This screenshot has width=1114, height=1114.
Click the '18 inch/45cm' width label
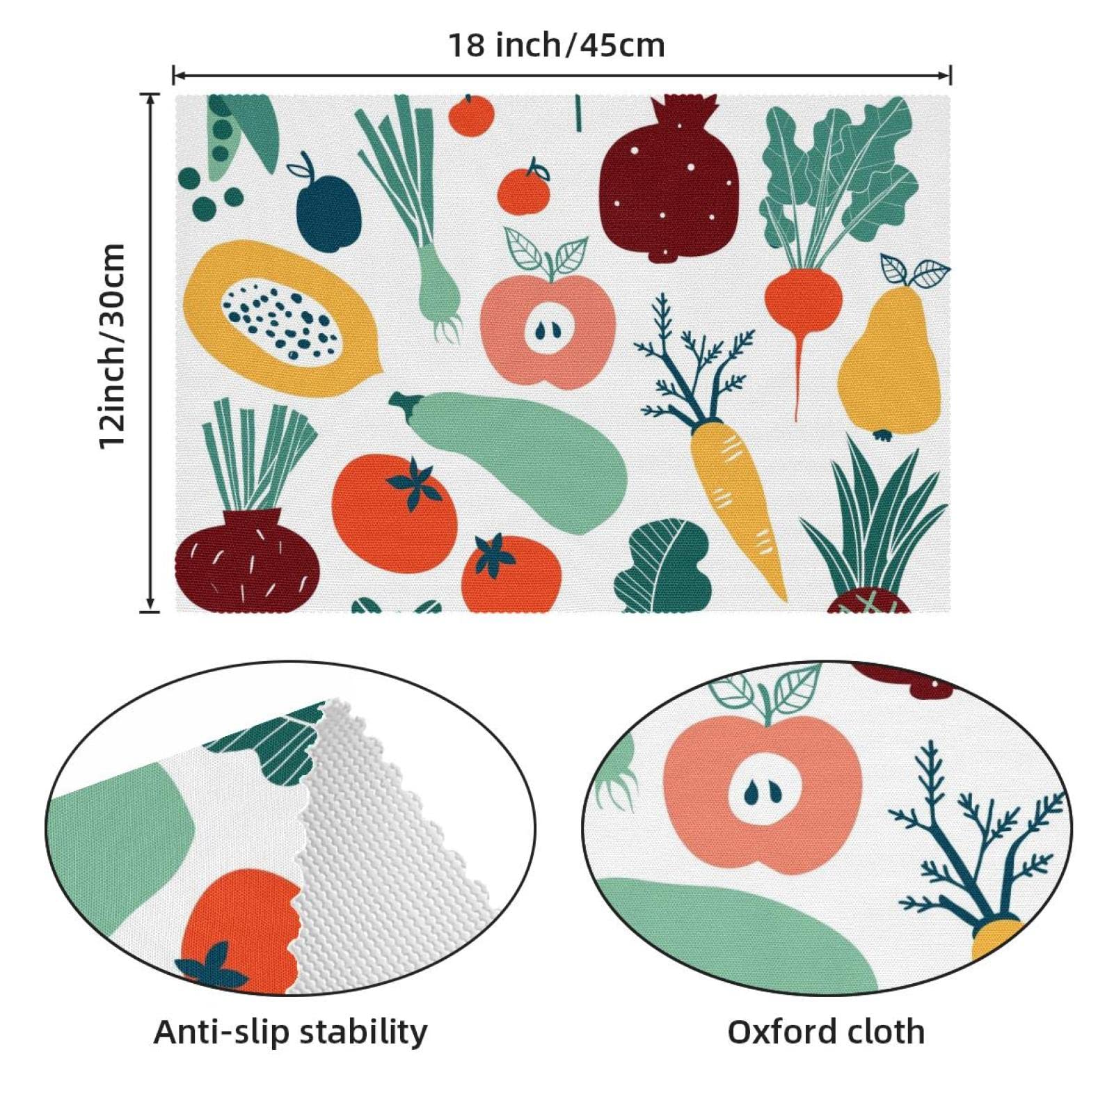tap(556, 46)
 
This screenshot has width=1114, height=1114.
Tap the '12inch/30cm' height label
tap(112, 347)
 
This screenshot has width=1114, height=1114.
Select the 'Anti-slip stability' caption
tap(291, 1032)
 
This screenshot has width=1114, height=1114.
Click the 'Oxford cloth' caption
tap(826, 1032)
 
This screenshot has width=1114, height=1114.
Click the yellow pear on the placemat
tap(889, 362)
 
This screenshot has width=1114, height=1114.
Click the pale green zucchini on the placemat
tap(511, 459)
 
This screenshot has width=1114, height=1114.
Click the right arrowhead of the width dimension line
tap(946, 74)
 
